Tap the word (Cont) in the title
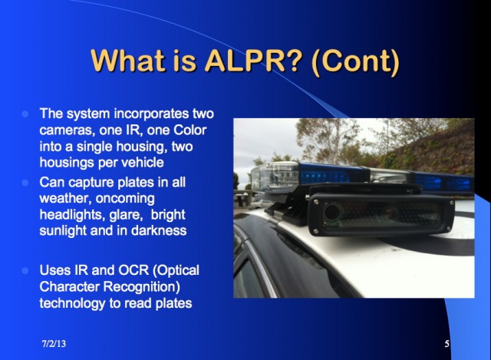pos(355,61)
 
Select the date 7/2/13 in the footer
pos(54,344)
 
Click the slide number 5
pos(447,344)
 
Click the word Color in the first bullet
pos(189,130)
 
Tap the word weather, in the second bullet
pos(65,199)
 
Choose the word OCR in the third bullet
pos(133,270)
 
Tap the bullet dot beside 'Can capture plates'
pos(25,183)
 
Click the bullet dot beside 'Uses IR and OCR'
pos(25,270)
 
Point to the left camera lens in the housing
pos(332,213)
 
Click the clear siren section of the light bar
pos(275,177)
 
